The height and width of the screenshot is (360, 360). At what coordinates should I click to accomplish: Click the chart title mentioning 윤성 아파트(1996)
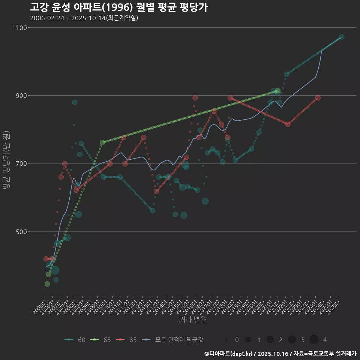tap(118, 7)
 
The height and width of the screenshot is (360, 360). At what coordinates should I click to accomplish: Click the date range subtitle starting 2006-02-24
tap(84, 18)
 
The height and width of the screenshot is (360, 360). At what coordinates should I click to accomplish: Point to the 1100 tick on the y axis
tap(19, 28)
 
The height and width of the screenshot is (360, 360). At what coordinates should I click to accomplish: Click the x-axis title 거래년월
tap(193, 319)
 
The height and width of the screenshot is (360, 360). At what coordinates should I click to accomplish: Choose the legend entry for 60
tap(75, 340)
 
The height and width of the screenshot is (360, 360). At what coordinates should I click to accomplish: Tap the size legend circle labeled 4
tap(314, 340)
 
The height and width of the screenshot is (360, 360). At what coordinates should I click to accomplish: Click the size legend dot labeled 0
tap(226, 340)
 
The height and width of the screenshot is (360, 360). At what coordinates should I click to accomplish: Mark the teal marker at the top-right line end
tap(341, 37)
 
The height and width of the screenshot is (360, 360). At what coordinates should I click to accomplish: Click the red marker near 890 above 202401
tap(318, 98)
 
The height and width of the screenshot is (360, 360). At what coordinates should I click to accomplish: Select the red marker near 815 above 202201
tap(288, 124)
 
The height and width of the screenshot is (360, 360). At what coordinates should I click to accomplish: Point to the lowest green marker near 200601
tap(47, 284)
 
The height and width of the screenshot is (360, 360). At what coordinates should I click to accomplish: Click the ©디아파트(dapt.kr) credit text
tap(228, 354)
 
